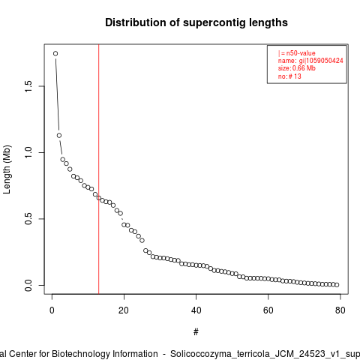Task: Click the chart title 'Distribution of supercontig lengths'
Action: [x=196, y=22]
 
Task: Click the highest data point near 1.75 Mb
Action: [x=55, y=53]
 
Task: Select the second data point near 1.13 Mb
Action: [x=59, y=136]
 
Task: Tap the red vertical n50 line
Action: [x=99, y=169]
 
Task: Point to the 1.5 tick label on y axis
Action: [x=28, y=86]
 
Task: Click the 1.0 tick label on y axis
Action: [x=28, y=152]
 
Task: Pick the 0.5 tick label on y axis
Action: [x=28, y=219]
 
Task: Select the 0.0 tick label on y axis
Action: [x=28, y=285]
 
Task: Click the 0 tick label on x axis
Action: [x=52, y=310]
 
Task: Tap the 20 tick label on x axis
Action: [x=124, y=310]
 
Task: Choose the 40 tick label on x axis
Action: [x=196, y=310]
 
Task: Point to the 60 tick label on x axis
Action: [x=268, y=310]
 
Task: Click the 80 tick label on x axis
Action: [x=340, y=310]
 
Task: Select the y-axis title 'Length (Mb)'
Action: [x=7, y=169]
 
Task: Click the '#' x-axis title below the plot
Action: [x=196, y=332]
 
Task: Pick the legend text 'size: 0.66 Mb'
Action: [x=297, y=68]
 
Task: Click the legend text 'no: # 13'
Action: [x=289, y=76]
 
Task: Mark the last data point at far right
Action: [x=337, y=285]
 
